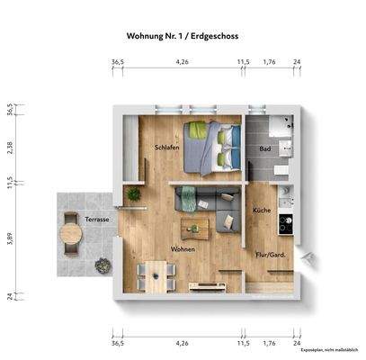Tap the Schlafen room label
coord(167,147)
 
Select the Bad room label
coord(264,148)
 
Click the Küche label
coord(262,210)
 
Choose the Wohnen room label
coord(183,250)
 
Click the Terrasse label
coord(97,220)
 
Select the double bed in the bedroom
coord(213,147)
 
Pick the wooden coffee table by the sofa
coord(195,229)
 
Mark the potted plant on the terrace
coord(103,265)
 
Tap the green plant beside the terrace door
coord(134,193)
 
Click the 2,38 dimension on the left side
coord(10,148)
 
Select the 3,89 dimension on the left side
coord(10,238)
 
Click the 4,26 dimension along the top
coord(183,62)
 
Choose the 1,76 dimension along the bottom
coord(269,344)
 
